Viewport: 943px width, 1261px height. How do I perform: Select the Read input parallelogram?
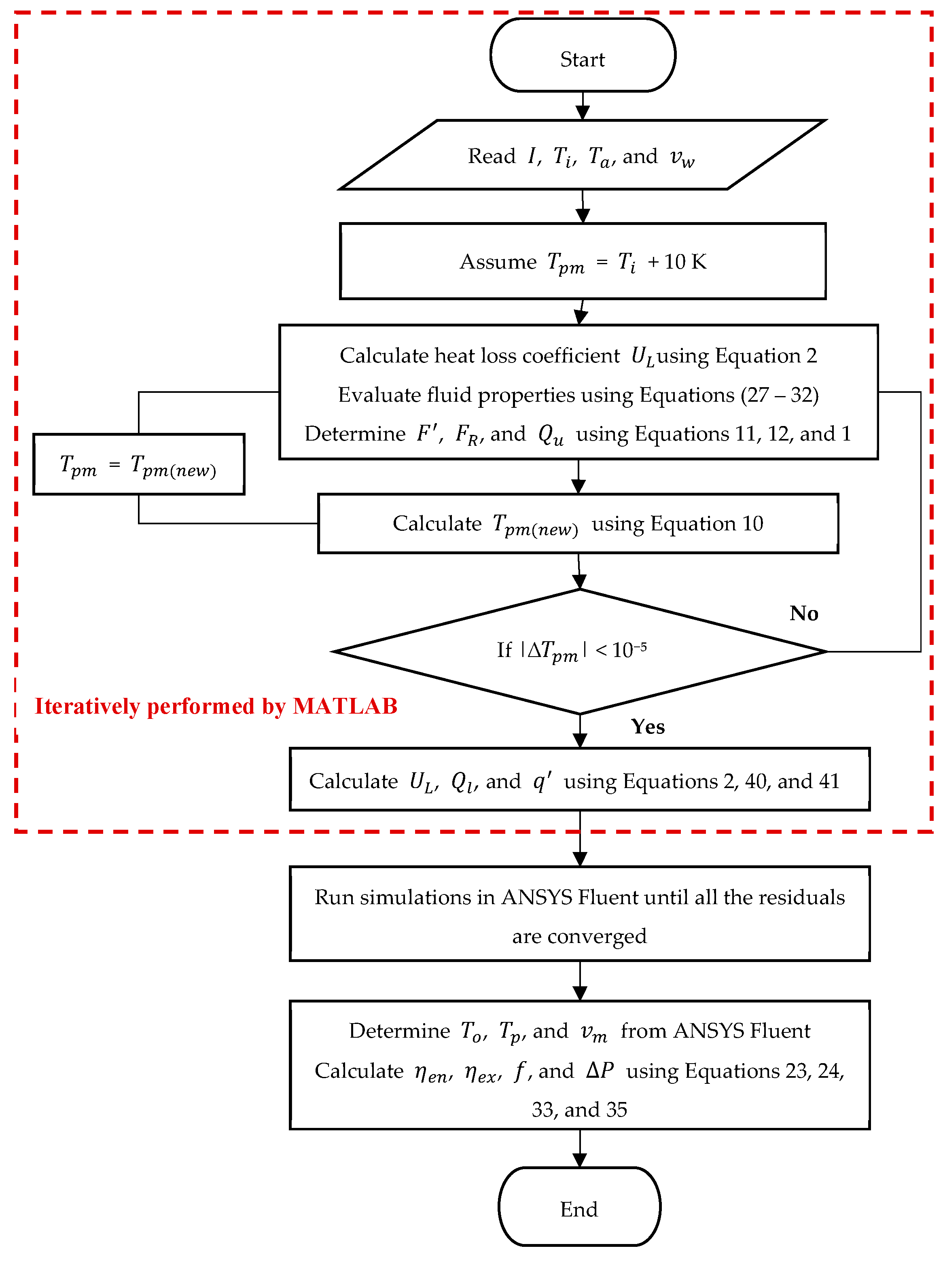[581, 155]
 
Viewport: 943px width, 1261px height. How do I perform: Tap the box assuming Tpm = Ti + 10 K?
[582, 261]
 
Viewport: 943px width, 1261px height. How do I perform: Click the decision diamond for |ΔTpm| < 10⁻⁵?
[579, 651]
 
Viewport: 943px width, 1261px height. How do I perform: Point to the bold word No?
[804, 613]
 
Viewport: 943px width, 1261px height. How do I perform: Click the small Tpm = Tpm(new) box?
[138, 464]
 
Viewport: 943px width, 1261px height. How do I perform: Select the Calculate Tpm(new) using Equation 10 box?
[578, 523]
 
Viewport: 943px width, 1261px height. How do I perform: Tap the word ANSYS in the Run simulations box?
[536, 897]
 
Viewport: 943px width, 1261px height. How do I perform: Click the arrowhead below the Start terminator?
[582, 112]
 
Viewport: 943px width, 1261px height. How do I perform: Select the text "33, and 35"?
[579, 1109]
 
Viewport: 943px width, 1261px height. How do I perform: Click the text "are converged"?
[579, 936]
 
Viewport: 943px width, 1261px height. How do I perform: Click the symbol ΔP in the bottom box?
[600, 1070]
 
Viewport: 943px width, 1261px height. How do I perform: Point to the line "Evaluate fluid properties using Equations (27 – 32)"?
[578, 394]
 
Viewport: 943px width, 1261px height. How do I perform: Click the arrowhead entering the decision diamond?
[579, 581]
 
